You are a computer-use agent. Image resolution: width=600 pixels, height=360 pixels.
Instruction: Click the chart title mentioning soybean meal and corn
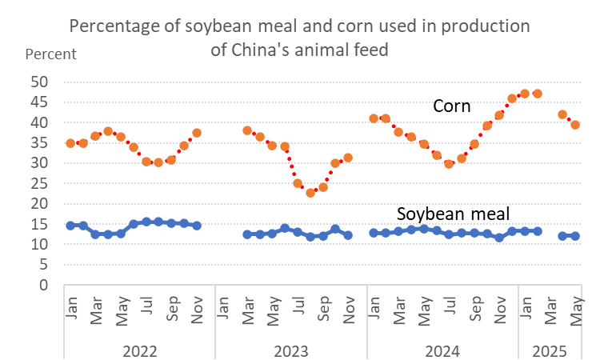[x=300, y=37]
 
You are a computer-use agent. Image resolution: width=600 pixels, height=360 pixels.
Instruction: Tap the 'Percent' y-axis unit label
[x=51, y=54]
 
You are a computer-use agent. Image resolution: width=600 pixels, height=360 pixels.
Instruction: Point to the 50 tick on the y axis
[x=39, y=82]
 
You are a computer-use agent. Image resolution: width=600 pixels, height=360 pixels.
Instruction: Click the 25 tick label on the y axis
[x=39, y=183]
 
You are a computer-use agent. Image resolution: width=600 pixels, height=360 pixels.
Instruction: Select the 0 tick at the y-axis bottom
[x=43, y=285]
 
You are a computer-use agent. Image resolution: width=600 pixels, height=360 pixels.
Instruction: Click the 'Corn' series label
[x=451, y=106]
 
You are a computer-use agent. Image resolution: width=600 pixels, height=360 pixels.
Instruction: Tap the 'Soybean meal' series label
[x=453, y=214]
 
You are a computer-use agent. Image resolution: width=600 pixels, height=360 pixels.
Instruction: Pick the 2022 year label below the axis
[x=139, y=350]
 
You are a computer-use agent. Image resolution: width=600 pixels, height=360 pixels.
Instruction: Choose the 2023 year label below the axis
[x=291, y=350]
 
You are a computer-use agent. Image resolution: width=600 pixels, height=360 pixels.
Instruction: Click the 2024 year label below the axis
[x=442, y=350]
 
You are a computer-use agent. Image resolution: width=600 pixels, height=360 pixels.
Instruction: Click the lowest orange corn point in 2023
[x=310, y=193]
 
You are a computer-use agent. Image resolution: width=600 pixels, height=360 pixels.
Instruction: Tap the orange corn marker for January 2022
[x=70, y=143]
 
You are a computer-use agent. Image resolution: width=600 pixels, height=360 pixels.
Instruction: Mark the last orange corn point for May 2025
[x=574, y=125]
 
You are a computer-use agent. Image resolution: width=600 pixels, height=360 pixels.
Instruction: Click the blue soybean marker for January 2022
[x=70, y=226]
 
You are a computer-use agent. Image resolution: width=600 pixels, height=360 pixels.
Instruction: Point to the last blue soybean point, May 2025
[x=574, y=236]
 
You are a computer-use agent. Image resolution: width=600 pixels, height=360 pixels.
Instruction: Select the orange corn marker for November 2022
[x=197, y=133]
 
